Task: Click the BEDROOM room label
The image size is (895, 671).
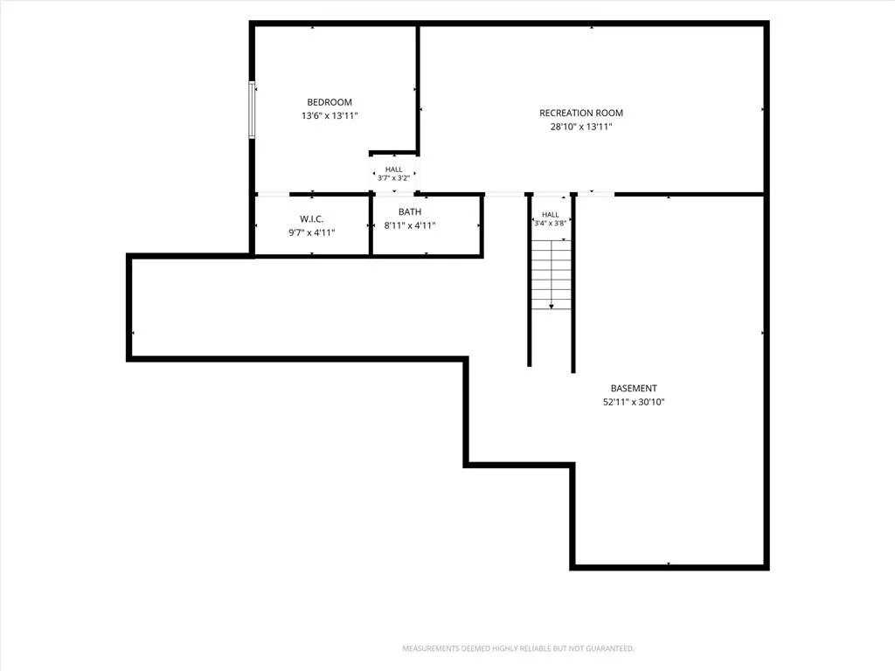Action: coord(330,102)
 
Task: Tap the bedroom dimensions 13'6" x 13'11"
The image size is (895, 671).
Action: coord(330,116)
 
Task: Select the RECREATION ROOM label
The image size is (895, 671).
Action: coord(581,113)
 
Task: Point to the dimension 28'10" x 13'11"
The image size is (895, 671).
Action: coord(581,127)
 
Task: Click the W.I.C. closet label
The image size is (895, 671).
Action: coord(312,219)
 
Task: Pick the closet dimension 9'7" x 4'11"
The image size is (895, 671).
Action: coord(312,232)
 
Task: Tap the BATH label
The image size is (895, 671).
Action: coord(410,211)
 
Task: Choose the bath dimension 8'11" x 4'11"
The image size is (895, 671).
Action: coord(410,225)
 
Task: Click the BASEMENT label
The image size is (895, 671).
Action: coord(634,388)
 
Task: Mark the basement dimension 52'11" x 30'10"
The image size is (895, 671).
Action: coord(634,402)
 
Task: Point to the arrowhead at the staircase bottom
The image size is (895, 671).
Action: coord(552,307)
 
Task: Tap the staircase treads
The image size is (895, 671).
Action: coord(552,275)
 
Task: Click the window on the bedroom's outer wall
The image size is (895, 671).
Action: coord(252,110)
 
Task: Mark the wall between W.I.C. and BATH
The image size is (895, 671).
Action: coord(371,225)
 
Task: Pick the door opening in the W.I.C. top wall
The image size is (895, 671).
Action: coord(273,195)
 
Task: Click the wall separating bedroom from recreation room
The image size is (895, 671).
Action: coord(418,88)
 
